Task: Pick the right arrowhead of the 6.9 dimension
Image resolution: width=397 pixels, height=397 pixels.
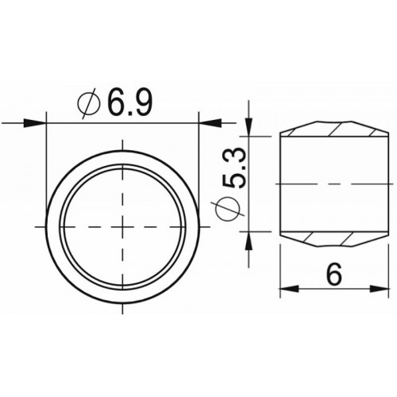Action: [x=208, y=123]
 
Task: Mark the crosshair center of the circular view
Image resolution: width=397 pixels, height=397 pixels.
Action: [x=122, y=227]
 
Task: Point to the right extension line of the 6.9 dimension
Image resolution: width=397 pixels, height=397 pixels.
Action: [x=198, y=167]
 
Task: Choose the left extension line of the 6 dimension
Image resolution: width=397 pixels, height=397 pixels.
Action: [x=280, y=270]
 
